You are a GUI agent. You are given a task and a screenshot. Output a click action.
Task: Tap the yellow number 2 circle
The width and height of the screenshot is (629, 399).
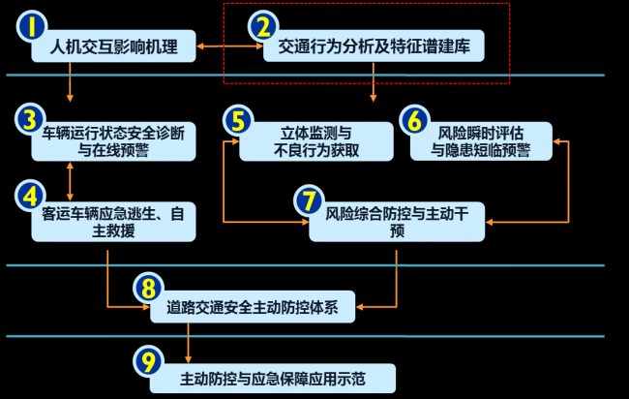pos(262,28)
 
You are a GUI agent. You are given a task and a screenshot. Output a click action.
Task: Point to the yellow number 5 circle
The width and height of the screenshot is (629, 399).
pos(238,120)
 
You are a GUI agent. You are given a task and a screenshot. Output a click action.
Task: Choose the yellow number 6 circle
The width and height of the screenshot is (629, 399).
pos(413,120)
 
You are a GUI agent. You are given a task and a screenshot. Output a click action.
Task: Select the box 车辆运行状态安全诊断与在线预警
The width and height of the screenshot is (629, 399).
pos(112,140)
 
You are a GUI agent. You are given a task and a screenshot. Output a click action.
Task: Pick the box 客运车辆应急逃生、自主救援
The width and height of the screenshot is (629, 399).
pos(114,221)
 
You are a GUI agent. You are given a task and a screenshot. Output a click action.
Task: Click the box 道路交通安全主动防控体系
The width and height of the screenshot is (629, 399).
pos(254,307)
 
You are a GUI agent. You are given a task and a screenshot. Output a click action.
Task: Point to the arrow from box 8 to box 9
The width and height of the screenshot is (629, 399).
pos(188,342)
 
